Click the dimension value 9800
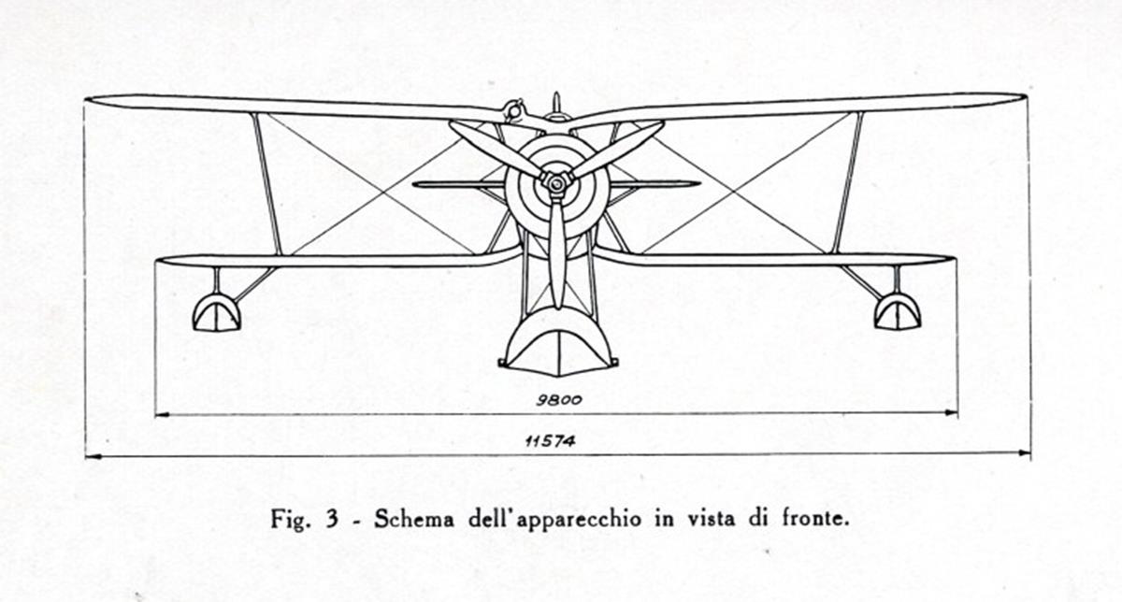pyautogui.click(x=559, y=400)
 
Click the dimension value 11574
pyautogui.click(x=550, y=441)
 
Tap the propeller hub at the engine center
pyautogui.click(x=555, y=184)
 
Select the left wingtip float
pyautogui.click(x=216, y=313)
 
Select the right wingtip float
pyautogui.click(x=898, y=311)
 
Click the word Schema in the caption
pyautogui.click(x=414, y=519)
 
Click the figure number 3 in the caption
pyautogui.click(x=332, y=520)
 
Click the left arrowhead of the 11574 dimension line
pyautogui.click(x=93, y=457)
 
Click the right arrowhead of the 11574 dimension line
pyautogui.click(x=1023, y=453)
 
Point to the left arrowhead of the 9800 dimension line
pyautogui.click(x=163, y=415)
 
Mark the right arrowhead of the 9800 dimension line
pyautogui.click(x=950, y=412)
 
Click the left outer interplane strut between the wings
pyautogui.click(x=267, y=184)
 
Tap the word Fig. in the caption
pyautogui.click(x=288, y=520)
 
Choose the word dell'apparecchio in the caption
pyautogui.click(x=555, y=520)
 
